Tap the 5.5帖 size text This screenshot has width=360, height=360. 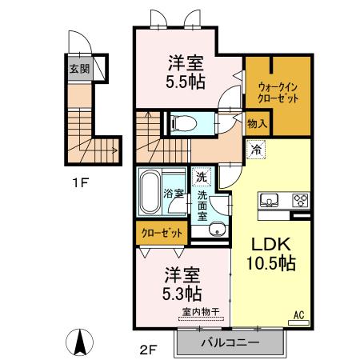pos(185,81)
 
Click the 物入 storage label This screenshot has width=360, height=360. pos(257,124)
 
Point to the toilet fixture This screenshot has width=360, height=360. pos(181,123)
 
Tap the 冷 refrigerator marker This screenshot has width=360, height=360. pos(257,149)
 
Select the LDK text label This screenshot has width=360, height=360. pos(270,244)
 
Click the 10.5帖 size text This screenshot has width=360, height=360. pos(270,264)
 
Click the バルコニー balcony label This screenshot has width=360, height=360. pos(230,342)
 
